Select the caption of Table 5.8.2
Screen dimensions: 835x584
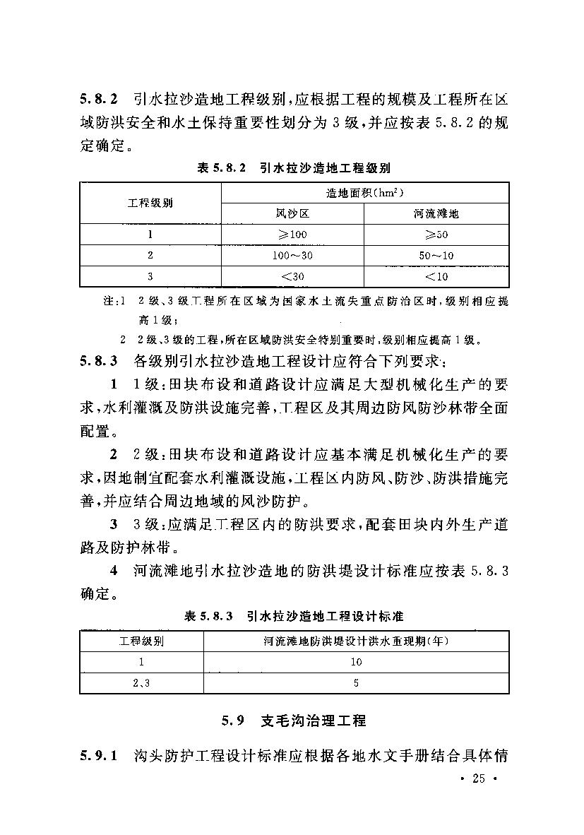[292, 168]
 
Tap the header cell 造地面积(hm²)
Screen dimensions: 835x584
[364, 193]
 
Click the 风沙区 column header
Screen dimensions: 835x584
[292, 213]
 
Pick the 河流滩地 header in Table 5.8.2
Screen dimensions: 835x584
[436, 213]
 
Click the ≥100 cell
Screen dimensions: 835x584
[292, 235]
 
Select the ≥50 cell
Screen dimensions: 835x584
[436, 235]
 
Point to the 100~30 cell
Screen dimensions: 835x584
[292, 255]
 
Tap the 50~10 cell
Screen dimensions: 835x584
[436, 255]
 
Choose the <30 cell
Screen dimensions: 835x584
[292, 276]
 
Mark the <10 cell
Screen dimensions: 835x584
[436, 276]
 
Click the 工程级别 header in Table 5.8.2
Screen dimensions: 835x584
[150, 203]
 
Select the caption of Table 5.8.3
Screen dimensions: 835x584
[293, 617]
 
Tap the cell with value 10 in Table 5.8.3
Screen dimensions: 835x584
[356, 662]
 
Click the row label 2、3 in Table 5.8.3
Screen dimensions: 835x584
[141, 683]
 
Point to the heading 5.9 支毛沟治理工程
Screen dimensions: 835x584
[293, 721]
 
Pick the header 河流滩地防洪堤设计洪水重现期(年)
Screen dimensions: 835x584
[356, 641]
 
